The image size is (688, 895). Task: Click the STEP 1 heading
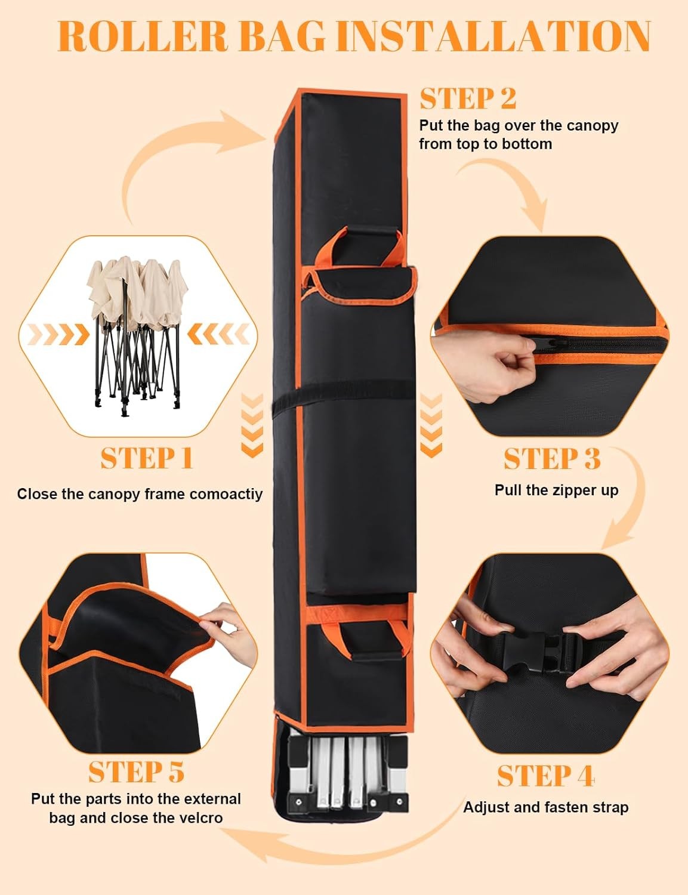point(147,458)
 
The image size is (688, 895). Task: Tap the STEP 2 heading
point(468,98)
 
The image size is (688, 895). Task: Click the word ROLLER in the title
point(143,36)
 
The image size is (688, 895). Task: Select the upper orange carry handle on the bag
point(357,246)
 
